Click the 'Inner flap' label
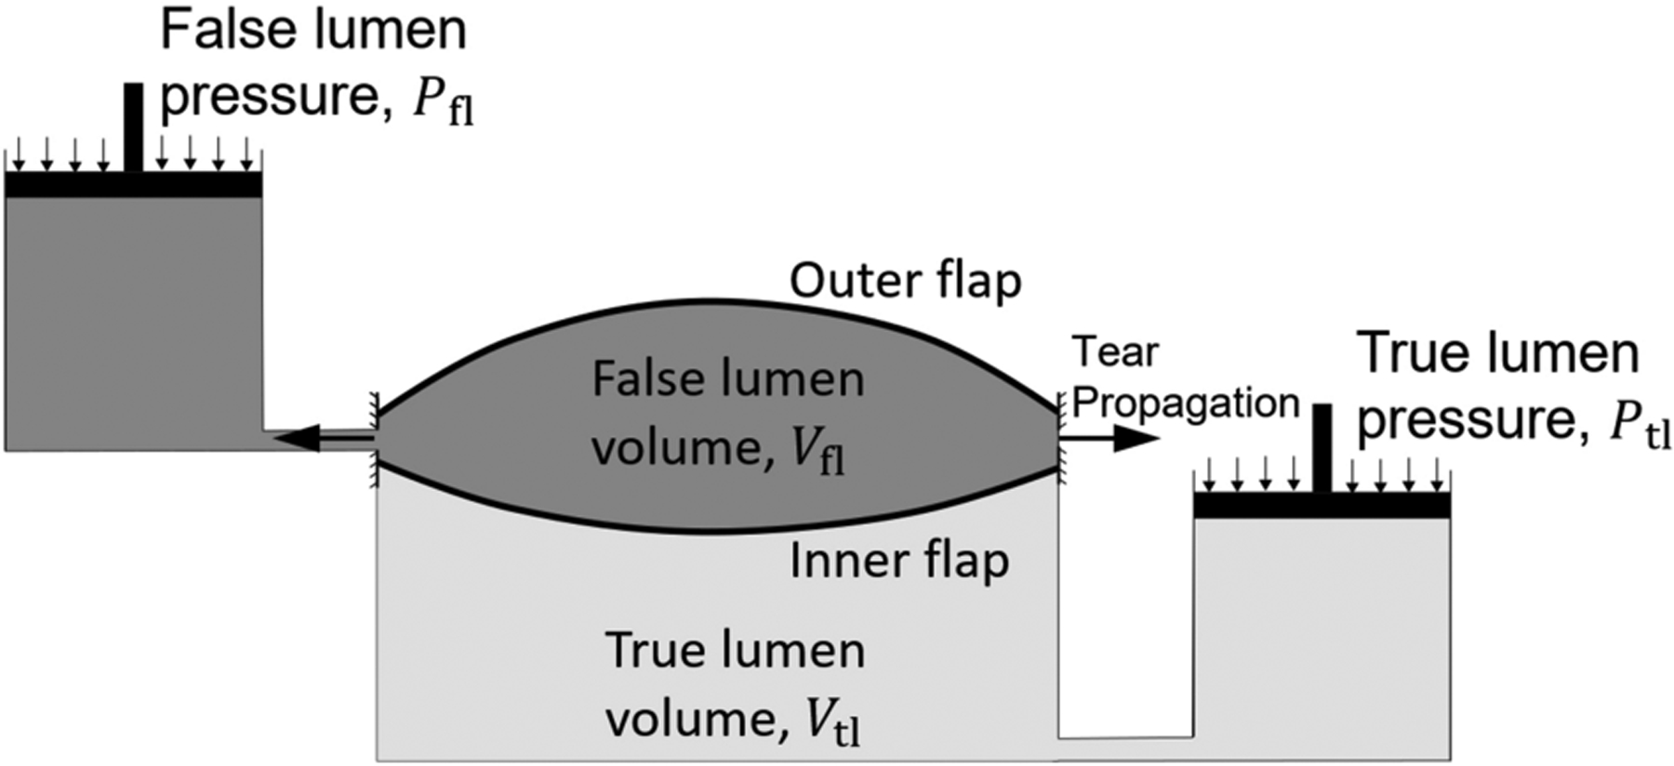[898, 561]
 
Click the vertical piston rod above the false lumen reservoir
[134, 126]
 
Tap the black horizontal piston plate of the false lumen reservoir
[133, 185]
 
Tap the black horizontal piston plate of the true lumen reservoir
[1321, 506]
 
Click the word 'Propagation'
[1186, 403]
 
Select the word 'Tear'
[1115, 352]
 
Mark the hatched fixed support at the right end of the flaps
[1061, 437]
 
